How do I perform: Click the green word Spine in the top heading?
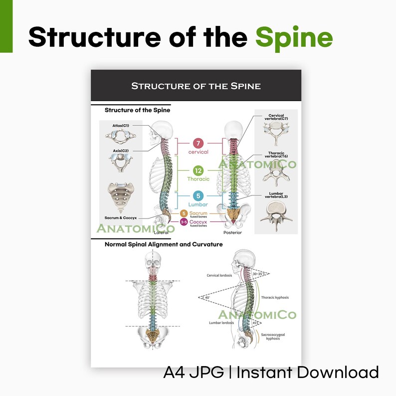(x=294, y=37)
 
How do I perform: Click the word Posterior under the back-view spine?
(x=232, y=232)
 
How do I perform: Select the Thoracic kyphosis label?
(x=275, y=298)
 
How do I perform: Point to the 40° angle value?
(x=207, y=298)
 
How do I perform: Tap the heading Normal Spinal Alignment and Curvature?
(x=164, y=244)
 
